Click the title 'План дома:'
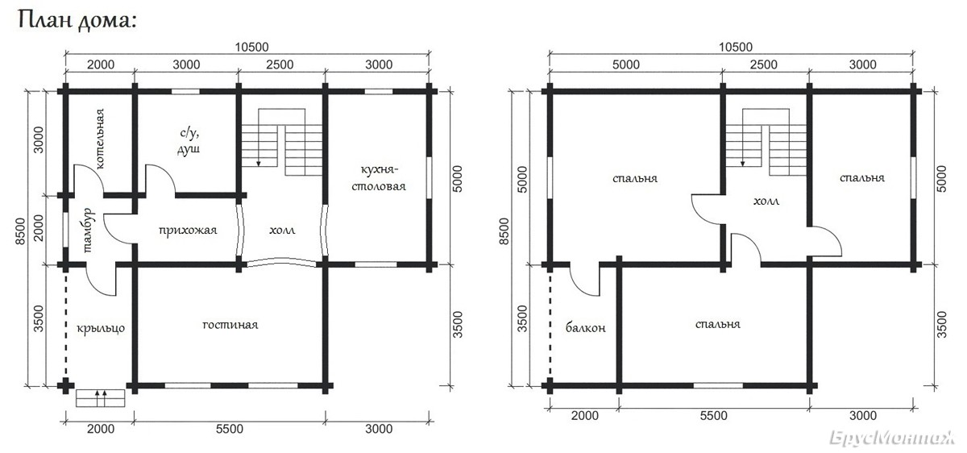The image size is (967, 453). pos(77,20)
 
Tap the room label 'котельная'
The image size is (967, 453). pos(100,139)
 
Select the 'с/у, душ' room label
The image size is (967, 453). pos(189,141)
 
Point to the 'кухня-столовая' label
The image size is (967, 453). pos(379,178)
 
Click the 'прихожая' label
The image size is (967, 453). pos(188,231)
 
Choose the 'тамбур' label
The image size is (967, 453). pos(88,231)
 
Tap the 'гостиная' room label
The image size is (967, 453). pos(230,324)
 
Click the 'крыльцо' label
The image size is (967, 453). pos(101,328)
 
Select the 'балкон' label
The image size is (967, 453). pos(585,328)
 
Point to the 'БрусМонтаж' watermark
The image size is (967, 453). pos(892,438)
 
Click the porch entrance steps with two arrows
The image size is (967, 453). pos(100,398)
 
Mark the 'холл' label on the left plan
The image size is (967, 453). pos(282,231)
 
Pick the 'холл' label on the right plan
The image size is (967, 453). pos(766,202)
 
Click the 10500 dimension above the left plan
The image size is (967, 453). pos(251,47)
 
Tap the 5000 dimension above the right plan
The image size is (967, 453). pos(626,64)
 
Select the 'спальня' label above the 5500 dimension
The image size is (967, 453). pos(718,324)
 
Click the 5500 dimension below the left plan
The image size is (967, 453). pos(230,429)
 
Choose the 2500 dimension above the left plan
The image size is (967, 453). pos(280,64)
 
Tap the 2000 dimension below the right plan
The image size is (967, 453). pos(585,415)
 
